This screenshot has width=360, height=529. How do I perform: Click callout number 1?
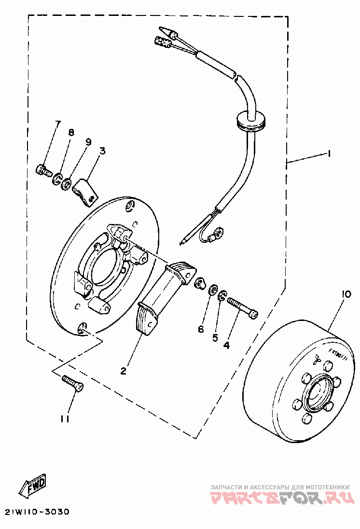[328, 154]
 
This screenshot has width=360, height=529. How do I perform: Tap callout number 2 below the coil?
[124, 371]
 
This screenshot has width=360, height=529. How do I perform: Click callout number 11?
[65, 419]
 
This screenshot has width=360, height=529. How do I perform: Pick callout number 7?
[58, 124]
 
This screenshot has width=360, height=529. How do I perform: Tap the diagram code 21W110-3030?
[38, 511]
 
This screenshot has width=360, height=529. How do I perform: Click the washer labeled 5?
[222, 295]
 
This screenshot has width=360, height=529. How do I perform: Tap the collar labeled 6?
[199, 283]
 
